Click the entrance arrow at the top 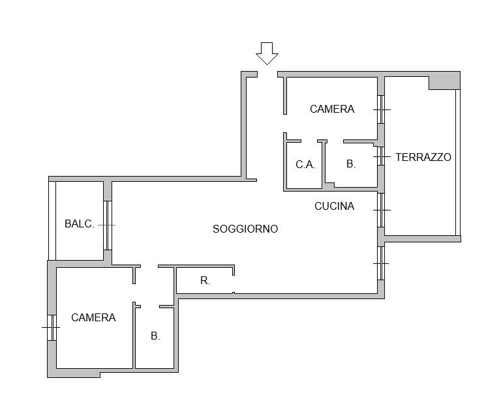click(x=267, y=53)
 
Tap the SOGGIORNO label click(x=245, y=229)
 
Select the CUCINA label click(x=334, y=206)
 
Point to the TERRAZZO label click(x=423, y=157)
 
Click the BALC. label click(x=79, y=224)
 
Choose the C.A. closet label click(x=305, y=164)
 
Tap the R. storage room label click(x=205, y=280)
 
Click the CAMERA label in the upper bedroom click(x=332, y=109)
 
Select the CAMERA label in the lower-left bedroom click(x=93, y=317)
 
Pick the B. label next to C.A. click(x=351, y=164)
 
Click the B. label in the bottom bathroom click(x=155, y=336)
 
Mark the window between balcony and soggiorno click(x=108, y=225)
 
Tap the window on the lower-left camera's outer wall click(x=52, y=327)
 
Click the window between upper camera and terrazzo click(x=381, y=109)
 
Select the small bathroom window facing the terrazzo click(x=381, y=156)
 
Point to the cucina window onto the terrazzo click(x=381, y=210)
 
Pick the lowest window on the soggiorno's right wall click(x=381, y=263)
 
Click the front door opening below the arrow click(x=267, y=74)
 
